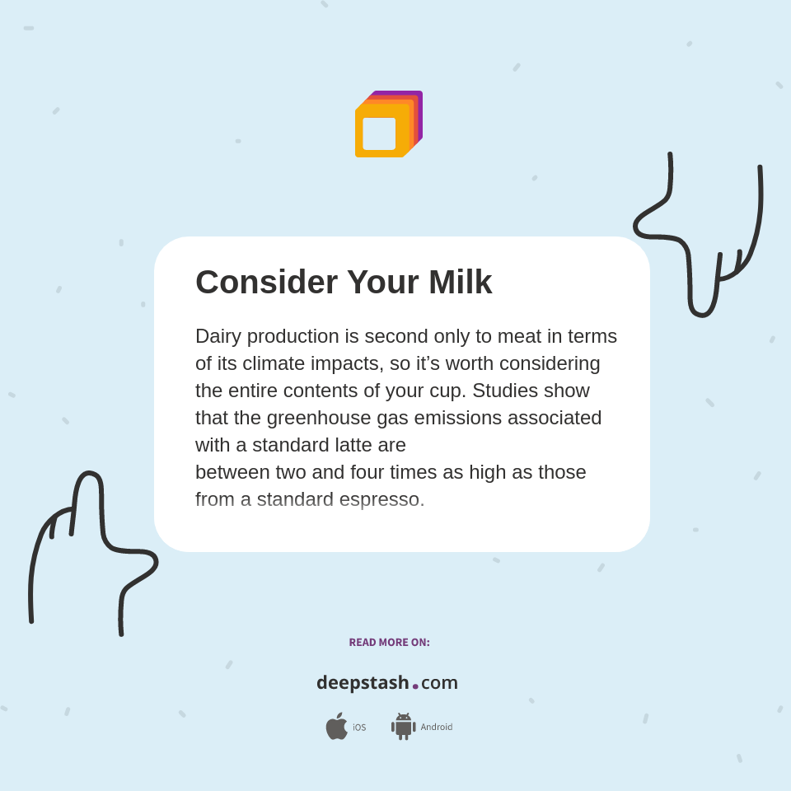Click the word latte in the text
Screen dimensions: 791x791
point(379,445)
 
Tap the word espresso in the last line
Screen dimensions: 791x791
point(379,500)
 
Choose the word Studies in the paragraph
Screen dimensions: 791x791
point(506,391)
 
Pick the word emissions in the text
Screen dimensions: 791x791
point(457,418)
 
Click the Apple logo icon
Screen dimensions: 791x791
point(336,726)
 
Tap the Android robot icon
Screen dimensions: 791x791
point(403,726)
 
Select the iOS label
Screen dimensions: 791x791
point(359,728)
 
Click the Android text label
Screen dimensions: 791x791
point(437,727)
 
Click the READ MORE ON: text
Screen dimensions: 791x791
point(389,643)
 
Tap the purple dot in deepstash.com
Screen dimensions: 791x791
point(415,686)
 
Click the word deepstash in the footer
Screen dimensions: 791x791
point(363,683)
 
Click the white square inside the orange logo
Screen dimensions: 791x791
point(379,133)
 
